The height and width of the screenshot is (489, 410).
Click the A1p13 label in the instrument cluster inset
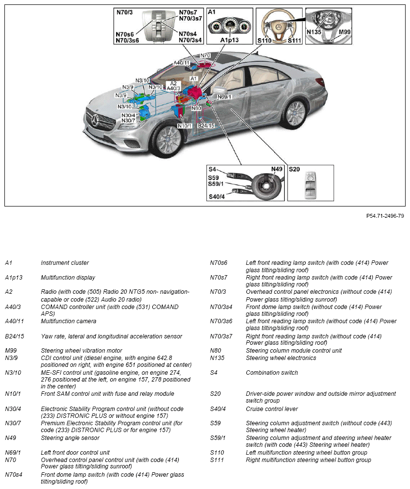pos(229,40)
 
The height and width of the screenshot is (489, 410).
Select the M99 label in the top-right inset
pos(345,33)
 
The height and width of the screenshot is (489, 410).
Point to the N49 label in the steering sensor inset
pos(277,169)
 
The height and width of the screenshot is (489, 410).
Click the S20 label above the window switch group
pos(294,169)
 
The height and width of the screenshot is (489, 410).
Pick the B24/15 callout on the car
pos(206,126)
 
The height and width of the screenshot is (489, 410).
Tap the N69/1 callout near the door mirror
pos(224,97)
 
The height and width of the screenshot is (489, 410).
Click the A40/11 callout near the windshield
pos(181,63)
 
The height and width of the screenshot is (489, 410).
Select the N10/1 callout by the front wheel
pos(184,126)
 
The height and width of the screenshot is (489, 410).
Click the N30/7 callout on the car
pos(128,121)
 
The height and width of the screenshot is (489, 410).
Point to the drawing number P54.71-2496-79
pos(385,215)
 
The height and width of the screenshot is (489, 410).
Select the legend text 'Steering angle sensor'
pos(70,438)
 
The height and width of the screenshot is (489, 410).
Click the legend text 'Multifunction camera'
pos(68,321)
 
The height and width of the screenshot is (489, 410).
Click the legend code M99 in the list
pos(10,351)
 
